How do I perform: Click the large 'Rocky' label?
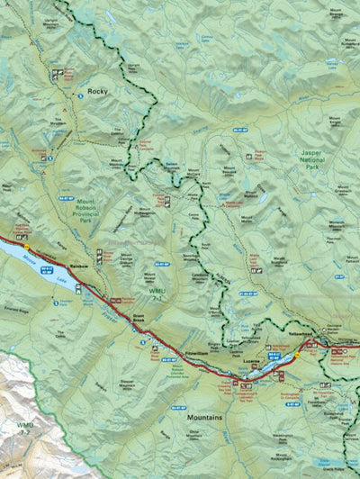point(97,91)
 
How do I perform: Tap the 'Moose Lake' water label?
point(45,271)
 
